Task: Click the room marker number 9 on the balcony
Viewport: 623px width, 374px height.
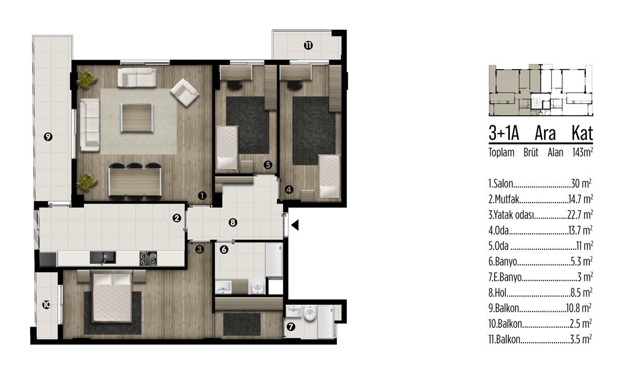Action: point(48,137)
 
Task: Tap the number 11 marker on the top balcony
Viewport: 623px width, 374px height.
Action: point(308,45)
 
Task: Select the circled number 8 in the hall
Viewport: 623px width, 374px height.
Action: point(233,222)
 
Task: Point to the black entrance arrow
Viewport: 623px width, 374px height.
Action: point(295,225)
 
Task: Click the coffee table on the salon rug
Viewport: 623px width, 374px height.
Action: point(137,118)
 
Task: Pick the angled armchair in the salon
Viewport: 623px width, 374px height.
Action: point(184,92)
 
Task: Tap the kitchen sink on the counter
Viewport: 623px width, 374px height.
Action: point(103,258)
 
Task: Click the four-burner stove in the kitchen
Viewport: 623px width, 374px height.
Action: point(148,258)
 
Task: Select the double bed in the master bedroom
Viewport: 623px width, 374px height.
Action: point(112,297)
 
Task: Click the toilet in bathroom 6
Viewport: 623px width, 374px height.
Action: point(259,286)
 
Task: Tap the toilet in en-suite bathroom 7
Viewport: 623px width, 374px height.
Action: point(309,314)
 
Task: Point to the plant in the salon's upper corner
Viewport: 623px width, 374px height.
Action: point(87,80)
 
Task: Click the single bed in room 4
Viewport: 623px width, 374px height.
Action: point(330,177)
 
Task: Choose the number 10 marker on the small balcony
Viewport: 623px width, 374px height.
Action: point(47,305)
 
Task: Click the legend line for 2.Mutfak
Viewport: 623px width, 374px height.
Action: point(540,199)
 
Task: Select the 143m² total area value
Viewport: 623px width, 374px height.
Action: point(583,152)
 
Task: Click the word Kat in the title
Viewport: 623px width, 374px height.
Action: point(582,133)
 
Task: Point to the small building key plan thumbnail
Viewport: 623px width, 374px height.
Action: point(540,90)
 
